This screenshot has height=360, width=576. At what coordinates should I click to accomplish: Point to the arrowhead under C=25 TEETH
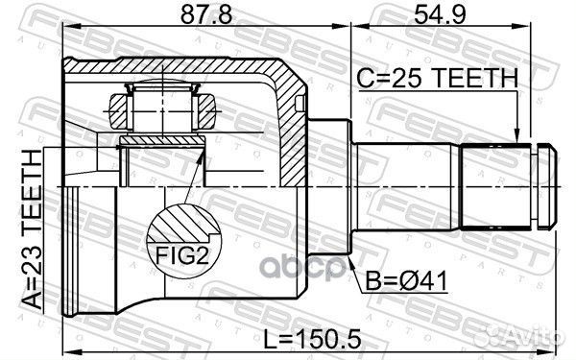click(x=517, y=137)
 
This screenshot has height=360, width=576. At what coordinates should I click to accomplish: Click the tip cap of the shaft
click(x=547, y=184)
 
